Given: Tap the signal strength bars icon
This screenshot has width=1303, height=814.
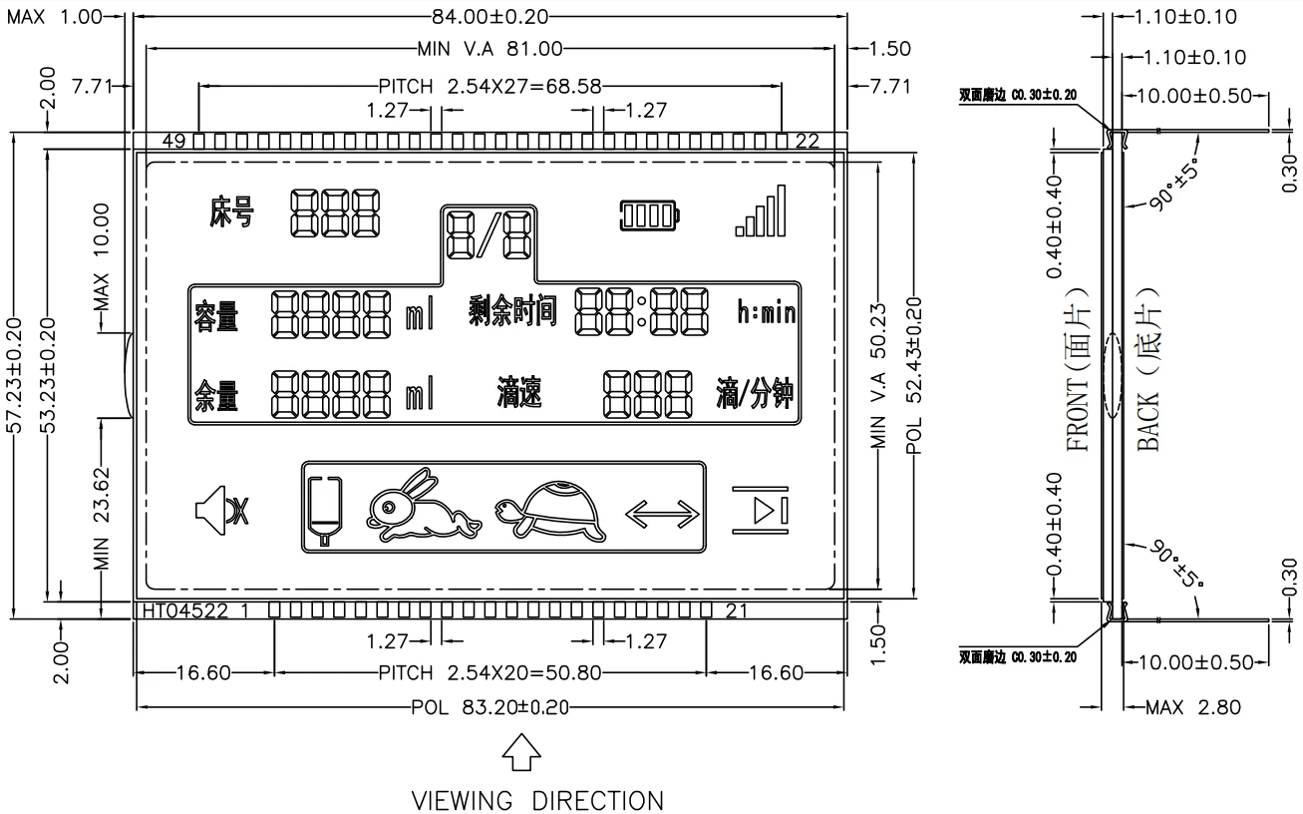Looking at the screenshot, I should click(761, 210).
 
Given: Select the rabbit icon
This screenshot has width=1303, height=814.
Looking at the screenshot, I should click(424, 506).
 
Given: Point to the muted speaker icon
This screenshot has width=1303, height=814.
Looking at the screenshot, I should click(222, 510).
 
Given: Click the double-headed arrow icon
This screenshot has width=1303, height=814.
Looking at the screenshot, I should click(662, 513).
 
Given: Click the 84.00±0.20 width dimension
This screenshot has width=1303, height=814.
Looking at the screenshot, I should click(489, 16).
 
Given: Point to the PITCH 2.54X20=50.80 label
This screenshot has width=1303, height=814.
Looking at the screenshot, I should click(489, 673).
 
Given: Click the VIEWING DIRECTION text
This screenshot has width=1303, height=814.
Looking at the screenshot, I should click(538, 800).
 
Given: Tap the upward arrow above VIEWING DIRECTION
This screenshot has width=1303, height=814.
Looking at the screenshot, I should click(521, 753).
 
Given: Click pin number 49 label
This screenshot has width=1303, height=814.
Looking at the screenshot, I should click(173, 141).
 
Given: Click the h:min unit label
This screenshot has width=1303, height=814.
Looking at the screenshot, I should click(766, 313).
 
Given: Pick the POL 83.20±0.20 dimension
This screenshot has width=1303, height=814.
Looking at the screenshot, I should click(489, 707).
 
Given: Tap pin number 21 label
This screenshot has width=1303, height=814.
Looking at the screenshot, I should click(737, 610).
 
